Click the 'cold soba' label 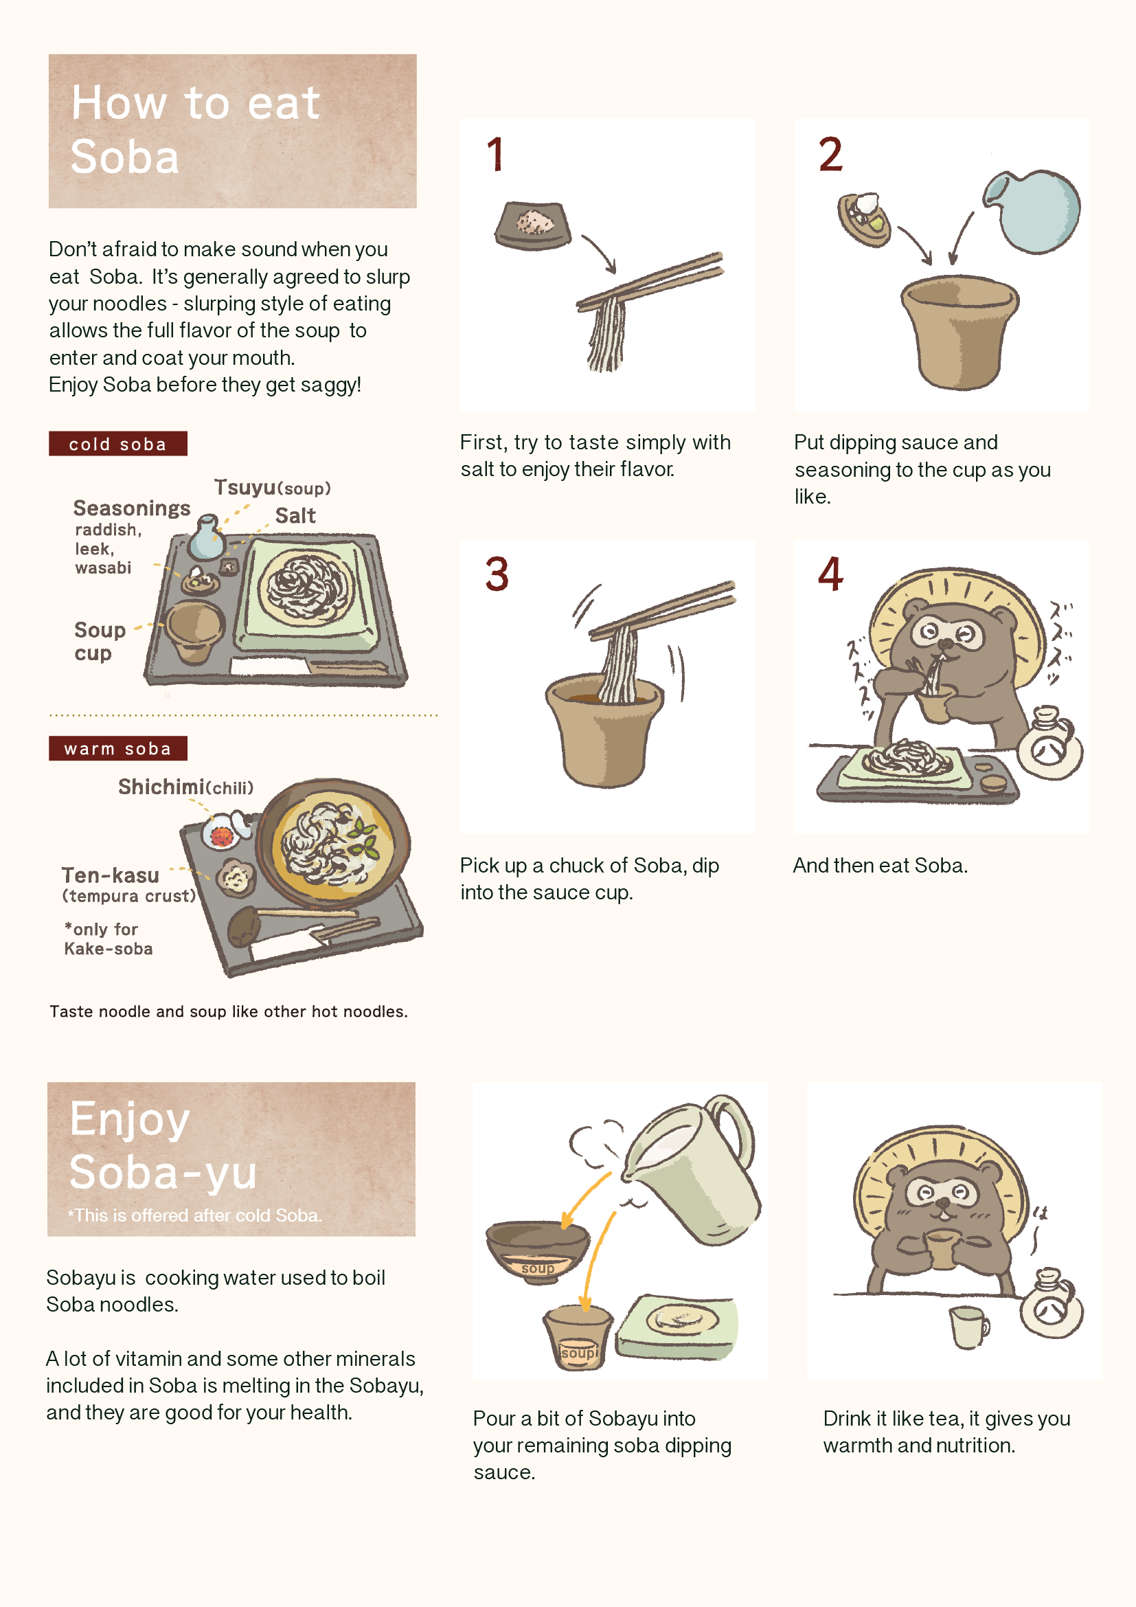[x=117, y=444]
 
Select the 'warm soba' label [x=117, y=748]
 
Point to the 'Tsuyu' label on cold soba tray [x=245, y=487]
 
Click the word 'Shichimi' [x=161, y=787]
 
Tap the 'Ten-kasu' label [x=111, y=875]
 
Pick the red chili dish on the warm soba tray [x=223, y=834]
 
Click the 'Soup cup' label [x=100, y=640]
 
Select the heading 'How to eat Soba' [x=196, y=130]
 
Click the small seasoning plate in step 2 [x=865, y=218]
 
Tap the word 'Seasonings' [x=131, y=508]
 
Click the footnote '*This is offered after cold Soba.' [x=194, y=1215]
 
